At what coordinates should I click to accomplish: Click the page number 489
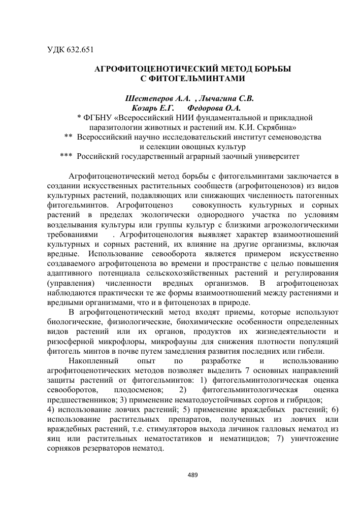point(192,475)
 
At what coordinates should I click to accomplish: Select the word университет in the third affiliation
point(273,156)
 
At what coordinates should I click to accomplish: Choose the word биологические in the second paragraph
point(71,322)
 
